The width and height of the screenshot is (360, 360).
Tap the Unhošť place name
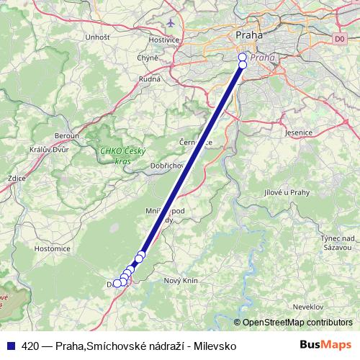click(96, 37)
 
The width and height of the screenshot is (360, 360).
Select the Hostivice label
click(165, 39)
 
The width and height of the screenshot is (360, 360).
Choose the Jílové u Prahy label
click(287, 191)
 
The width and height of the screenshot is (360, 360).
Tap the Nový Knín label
click(181, 280)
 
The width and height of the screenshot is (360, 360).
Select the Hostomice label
click(52, 248)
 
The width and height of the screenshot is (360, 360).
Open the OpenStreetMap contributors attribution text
click(297, 322)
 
